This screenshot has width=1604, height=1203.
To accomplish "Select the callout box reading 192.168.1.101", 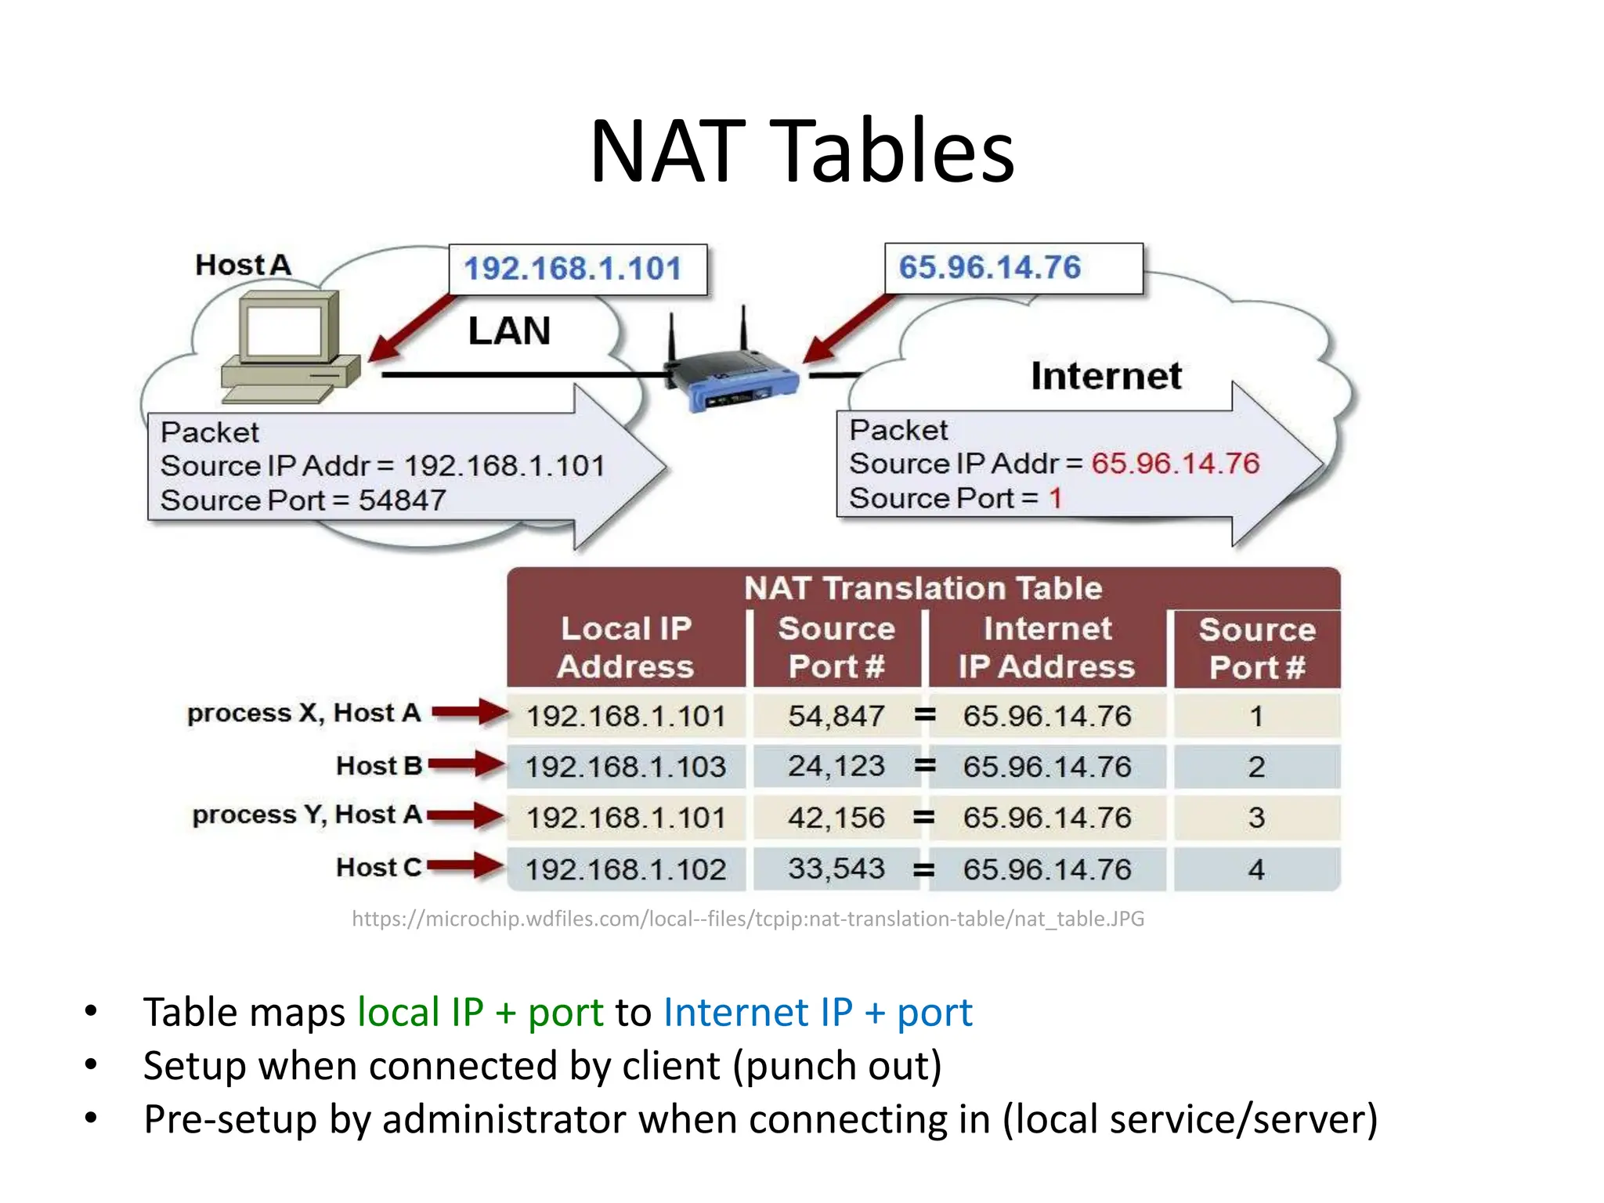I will (x=577, y=269).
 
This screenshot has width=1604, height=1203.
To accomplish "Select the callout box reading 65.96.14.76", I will (x=1012, y=268).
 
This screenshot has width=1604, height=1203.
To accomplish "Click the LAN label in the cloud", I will (x=509, y=331).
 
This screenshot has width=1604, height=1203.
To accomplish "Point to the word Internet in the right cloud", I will (x=1105, y=376).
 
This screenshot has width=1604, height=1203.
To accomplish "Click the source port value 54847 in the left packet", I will (x=402, y=500).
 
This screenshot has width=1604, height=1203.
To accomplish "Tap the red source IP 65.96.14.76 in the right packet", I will (x=1175, y=464).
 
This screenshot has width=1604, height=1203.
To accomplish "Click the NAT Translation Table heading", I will (x=923, y=588).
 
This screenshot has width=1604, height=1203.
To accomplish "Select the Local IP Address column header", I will (x=626, y=648).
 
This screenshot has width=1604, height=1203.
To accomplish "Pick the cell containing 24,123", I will (x=836, y=766).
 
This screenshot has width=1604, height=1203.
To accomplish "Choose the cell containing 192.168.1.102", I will (x=626, y=869).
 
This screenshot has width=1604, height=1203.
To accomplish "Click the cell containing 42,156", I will (x=836, y=818).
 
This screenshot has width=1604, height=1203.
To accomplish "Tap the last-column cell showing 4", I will (x=1256, y=869).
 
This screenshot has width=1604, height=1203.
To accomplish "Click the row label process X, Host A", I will (x=304, y=713).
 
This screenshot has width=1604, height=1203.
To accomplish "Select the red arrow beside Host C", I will (x=465, y=866).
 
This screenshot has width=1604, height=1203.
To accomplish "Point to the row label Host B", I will (x=379, y=765).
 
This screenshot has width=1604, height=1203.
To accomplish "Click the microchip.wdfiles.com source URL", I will (x=748, y=919).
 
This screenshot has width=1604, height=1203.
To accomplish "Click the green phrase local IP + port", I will (x=480, y=1012).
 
